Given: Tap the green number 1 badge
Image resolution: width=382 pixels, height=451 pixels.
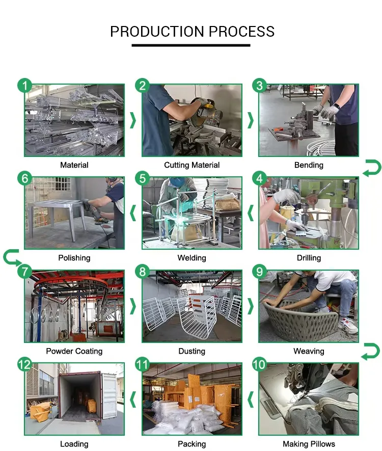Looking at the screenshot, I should [x=24, y=86].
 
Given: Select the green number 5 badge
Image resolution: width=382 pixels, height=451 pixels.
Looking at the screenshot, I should [x=143, y=178].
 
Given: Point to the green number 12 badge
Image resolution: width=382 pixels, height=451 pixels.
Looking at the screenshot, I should [x=24, y=364].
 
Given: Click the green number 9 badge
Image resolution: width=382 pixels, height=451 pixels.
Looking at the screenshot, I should [x=260, y=272].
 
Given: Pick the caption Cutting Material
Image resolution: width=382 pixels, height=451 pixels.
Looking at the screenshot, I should [x=192, y=165].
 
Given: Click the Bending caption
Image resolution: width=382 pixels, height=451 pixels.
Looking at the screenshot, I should [x=309, y=165].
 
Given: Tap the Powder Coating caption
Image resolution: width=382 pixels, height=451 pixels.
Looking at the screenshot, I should [x=74, y=351].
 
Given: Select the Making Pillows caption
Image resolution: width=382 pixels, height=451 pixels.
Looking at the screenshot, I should [x=309, y=444].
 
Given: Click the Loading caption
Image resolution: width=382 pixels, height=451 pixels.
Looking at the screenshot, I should [x=74, y=444].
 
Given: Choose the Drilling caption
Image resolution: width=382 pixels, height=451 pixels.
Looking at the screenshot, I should [x=309, y=258].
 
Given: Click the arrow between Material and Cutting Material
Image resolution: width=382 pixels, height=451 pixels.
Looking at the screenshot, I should [x=133, y=120].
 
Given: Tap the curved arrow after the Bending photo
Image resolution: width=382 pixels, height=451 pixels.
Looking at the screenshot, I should [x=371, y=168].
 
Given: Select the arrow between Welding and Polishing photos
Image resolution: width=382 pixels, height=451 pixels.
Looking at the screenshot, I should [x=133, y=213].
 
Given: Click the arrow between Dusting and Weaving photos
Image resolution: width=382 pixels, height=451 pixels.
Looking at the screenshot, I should [x=251, y=306].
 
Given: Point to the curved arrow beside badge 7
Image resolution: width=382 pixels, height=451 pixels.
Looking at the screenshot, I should [x=11, y=257].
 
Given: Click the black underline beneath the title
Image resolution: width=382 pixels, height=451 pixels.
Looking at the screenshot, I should [x=191, y=45].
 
